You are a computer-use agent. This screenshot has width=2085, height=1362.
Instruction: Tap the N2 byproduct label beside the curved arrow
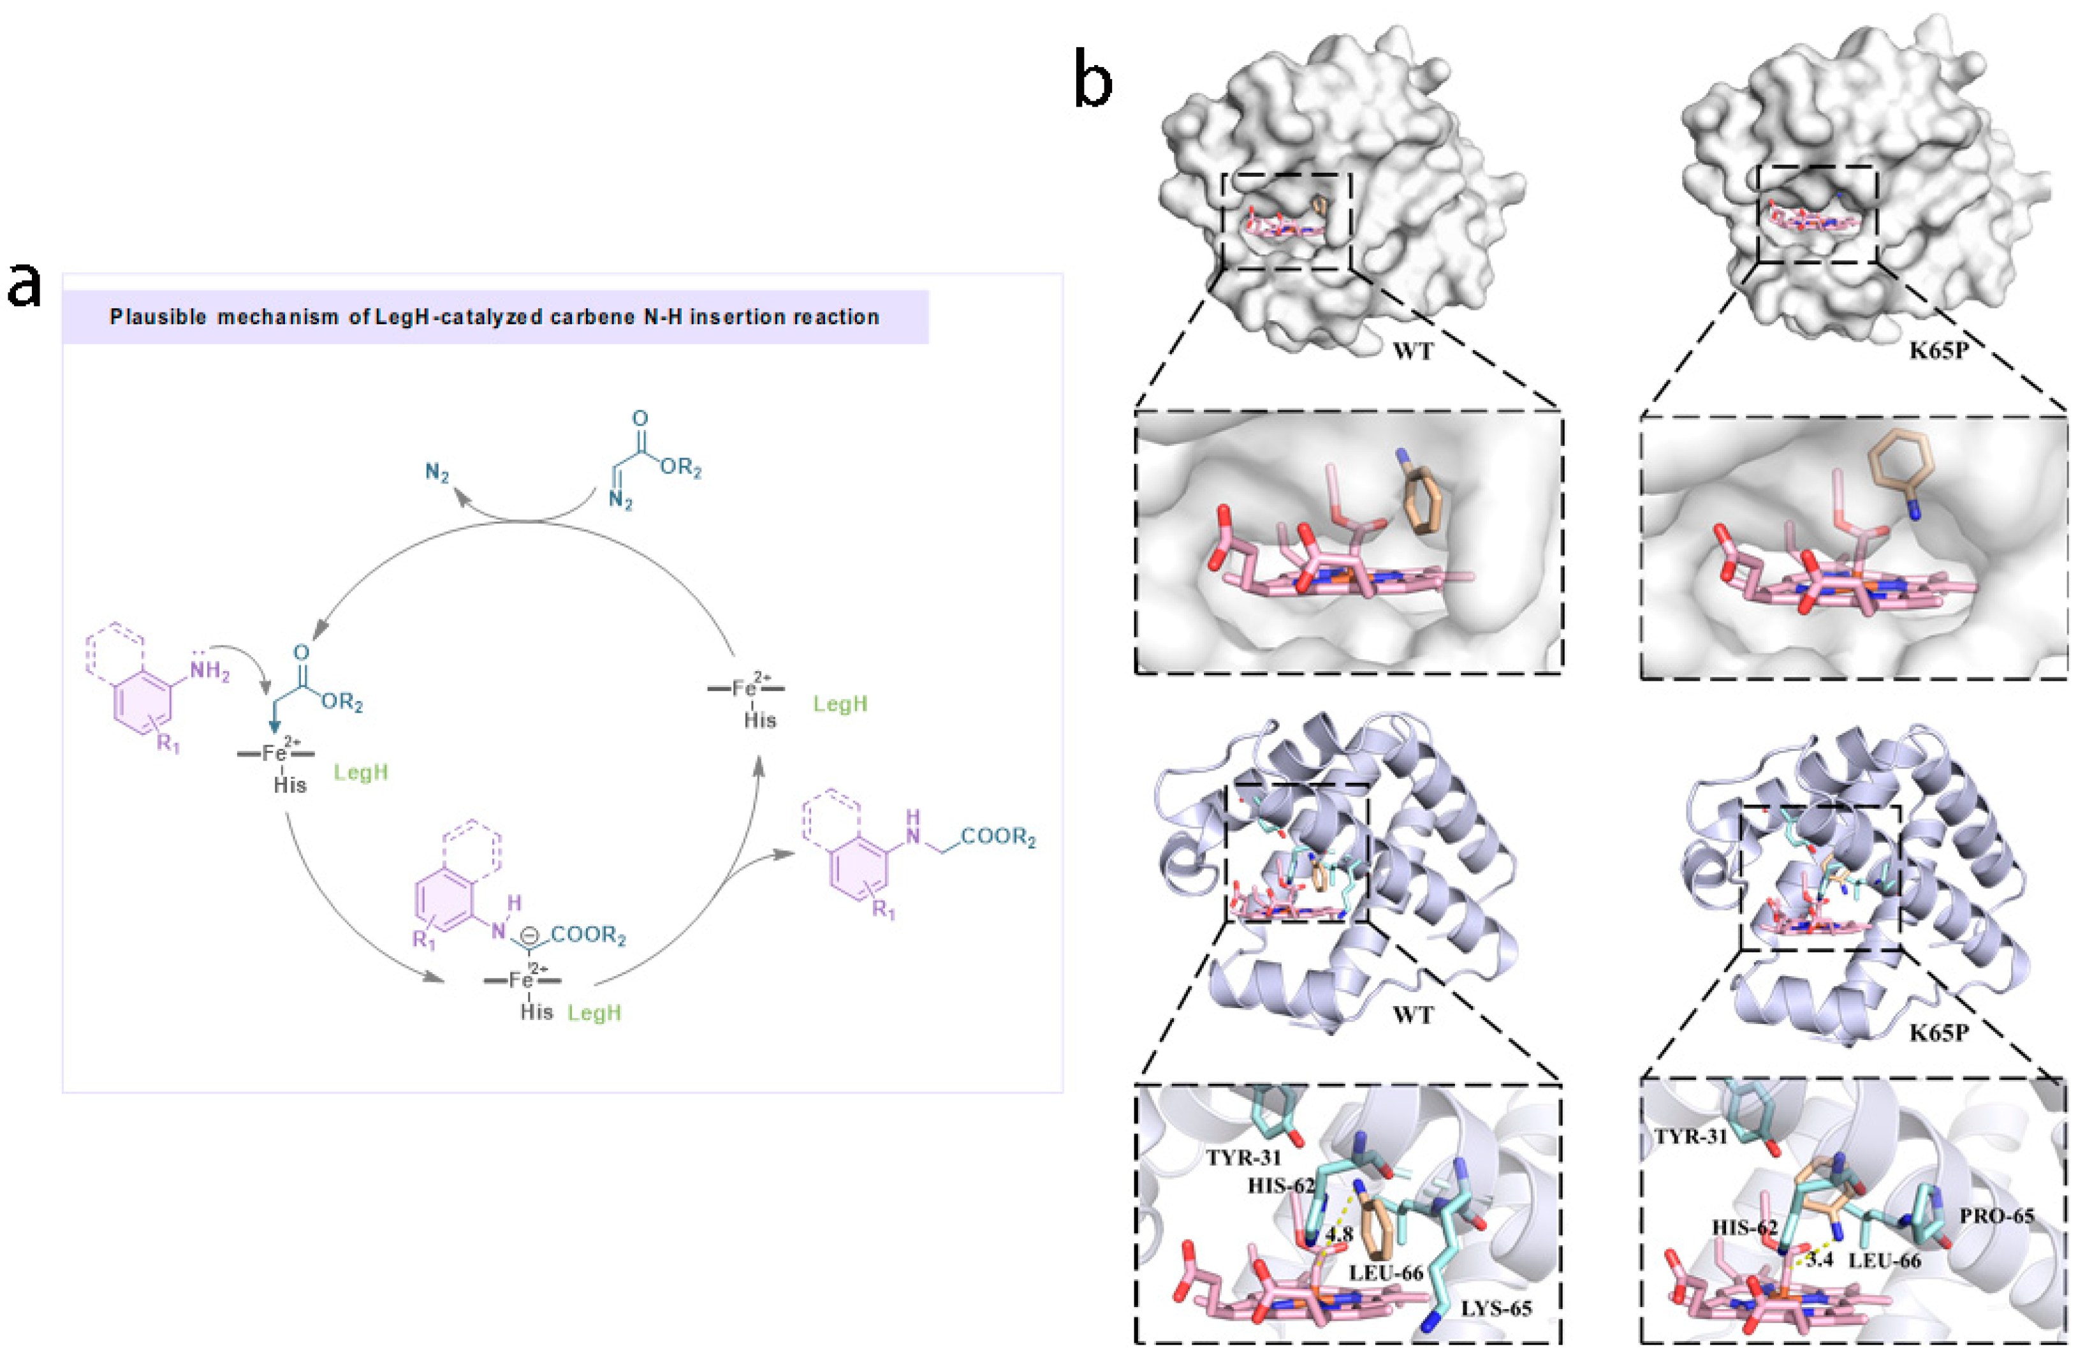437,473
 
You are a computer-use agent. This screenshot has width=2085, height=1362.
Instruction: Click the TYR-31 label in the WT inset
1243,1158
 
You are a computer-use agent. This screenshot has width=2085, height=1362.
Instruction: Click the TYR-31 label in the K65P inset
1691,1137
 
